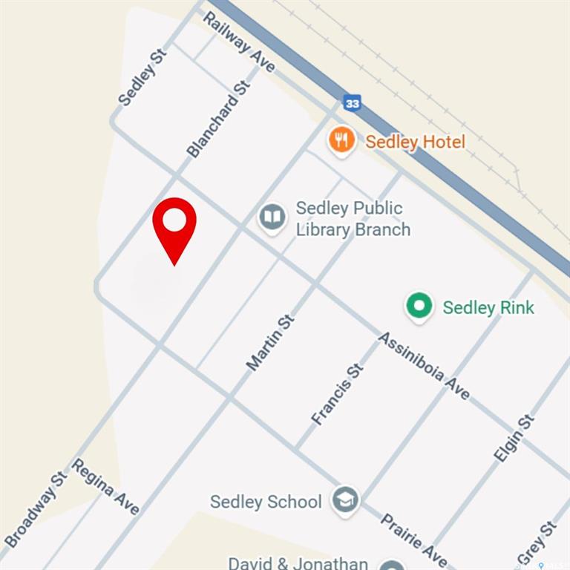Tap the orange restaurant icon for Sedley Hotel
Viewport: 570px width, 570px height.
(x=341, y=139)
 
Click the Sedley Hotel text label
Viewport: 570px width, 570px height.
(x=415, y=142)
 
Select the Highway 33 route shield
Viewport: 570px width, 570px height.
(x=353, y=103)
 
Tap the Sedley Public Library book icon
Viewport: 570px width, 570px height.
(x=272, y=217)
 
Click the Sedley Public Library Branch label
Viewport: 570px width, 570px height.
(x=353, y=218)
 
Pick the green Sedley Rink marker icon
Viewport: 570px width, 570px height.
(x=419, y=306)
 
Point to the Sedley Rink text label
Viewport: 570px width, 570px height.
(x=488, y=307)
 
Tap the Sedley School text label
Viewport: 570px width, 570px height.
(x=266, y=502)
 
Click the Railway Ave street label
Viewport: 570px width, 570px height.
(x=239, y=42)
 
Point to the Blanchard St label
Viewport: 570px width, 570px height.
(x=218, y=119)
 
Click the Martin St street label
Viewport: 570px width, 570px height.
(x=270, y=342)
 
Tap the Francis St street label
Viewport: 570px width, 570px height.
(x=338, y=394)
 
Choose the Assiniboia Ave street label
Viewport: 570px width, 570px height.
(x=424, y=366)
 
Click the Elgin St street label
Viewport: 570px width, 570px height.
(x=514, y=438)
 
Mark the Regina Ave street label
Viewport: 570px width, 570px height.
(x=105, y=486)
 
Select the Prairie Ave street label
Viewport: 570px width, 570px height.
(x=413, y=540)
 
